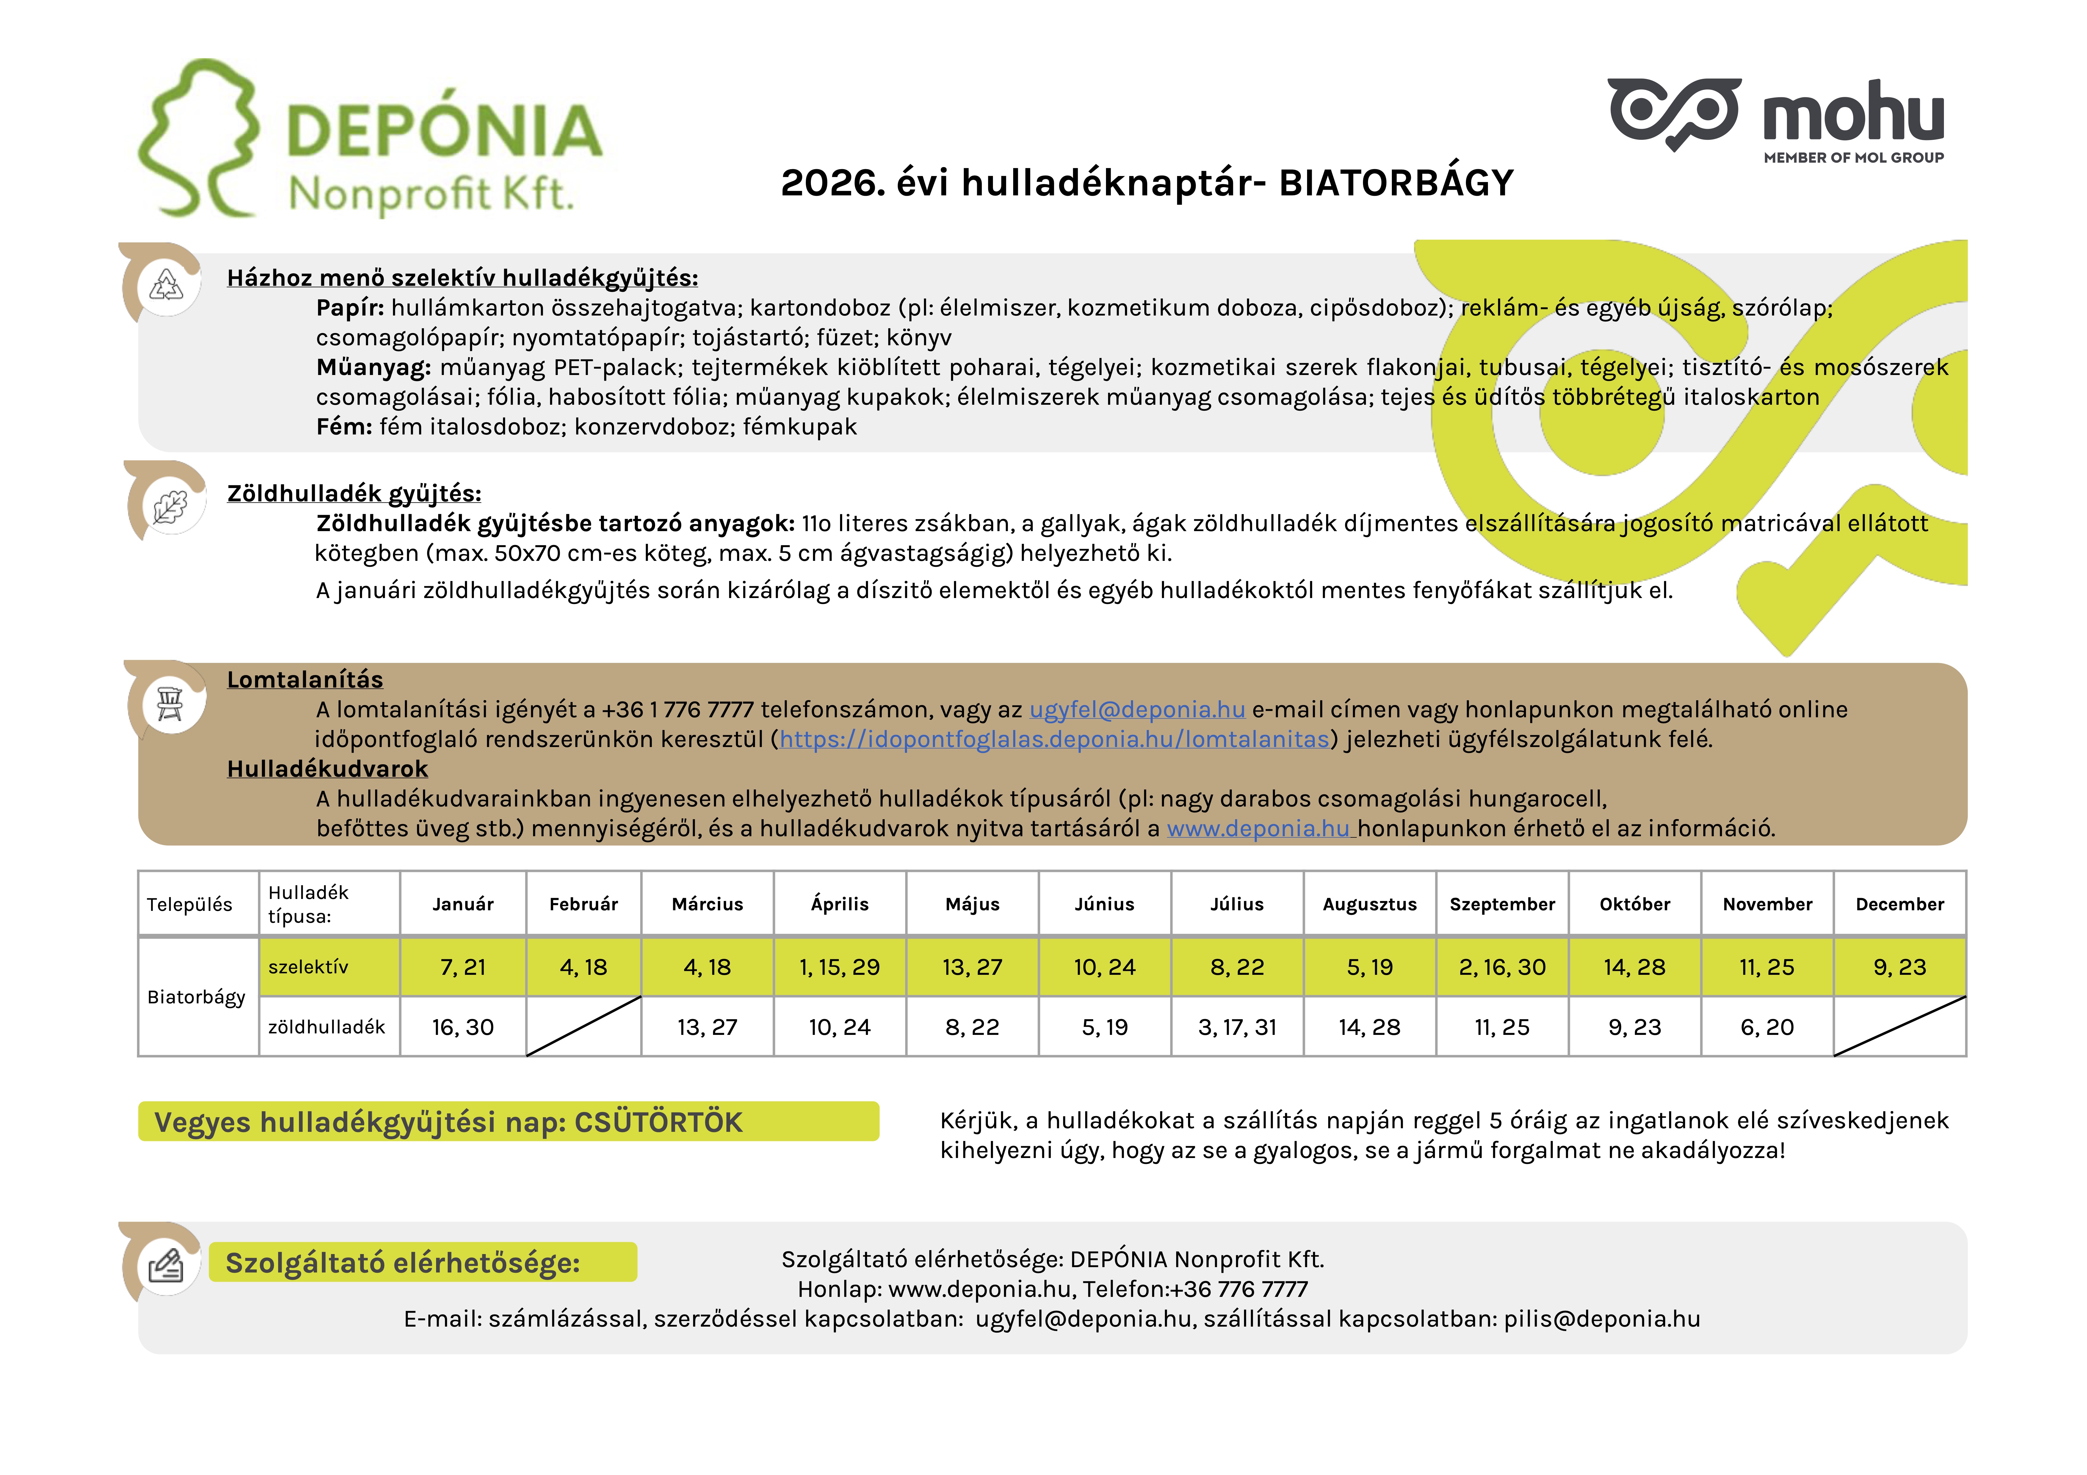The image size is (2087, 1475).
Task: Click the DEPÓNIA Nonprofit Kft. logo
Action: click(373, 141)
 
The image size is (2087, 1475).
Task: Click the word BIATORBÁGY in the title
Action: click(1395, 183)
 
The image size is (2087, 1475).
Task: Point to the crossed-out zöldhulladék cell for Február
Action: click(584, 1027)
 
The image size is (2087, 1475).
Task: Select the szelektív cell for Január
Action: click(463, 967)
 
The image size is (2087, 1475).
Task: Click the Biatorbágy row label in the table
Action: click(196, 997)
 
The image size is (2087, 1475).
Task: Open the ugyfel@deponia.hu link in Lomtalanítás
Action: click(1136, 710)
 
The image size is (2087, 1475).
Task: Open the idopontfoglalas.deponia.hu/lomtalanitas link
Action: click(1055, 740)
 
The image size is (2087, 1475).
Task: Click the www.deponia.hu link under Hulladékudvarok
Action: click(1259, 829)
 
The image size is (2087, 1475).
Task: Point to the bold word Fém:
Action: click(344, 427)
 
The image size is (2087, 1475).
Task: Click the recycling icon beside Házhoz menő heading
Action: click(167, 285)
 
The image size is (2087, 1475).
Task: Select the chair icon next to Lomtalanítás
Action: click(170, 702)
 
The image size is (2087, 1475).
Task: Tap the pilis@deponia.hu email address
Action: click(1602, 1319)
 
